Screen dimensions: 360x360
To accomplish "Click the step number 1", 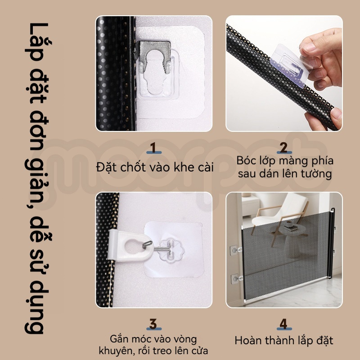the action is (153, 148).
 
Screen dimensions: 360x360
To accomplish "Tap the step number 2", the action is (284, 148).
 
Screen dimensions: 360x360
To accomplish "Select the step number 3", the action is (153, 324).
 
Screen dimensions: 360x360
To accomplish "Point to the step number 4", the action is (284, 324).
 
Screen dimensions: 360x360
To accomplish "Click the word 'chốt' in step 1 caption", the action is (133, 167).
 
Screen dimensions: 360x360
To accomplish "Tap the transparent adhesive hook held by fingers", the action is (290, 65).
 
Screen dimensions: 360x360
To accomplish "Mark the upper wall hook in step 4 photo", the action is (235, 250).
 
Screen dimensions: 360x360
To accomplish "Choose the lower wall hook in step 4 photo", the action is (235, 279).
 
